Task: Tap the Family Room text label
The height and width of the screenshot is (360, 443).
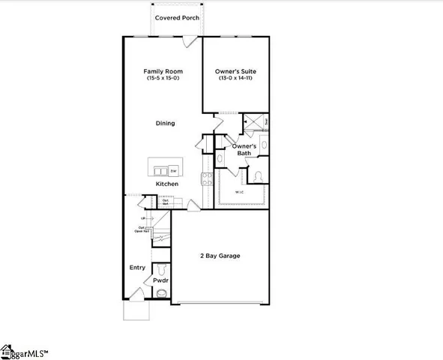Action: (163, 71)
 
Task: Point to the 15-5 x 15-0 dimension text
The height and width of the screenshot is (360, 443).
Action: (163, 78)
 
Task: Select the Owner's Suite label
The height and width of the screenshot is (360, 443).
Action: (236, 71)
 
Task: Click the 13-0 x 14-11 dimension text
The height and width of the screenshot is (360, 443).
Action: (236, 78)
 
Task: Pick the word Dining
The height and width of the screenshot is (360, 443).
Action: (165, 123)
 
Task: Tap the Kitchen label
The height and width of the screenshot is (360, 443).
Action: (166, 184)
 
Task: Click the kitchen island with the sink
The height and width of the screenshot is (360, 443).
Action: (164, 166)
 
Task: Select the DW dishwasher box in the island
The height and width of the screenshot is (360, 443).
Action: (173, 170)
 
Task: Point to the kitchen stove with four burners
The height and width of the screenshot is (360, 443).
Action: (208, 178)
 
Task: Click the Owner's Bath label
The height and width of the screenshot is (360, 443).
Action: (244, 150)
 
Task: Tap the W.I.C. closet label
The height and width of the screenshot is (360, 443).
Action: (239, 192)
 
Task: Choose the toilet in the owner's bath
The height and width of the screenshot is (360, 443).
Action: (257, 175)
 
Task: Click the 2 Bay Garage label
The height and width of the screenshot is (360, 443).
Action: (220, 256)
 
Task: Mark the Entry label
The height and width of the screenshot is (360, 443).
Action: (137, 267)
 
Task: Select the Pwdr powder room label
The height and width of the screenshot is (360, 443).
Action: (161, 280)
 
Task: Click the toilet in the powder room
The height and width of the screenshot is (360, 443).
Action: (162, 268)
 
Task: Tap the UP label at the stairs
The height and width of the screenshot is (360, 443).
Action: (142, 218)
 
